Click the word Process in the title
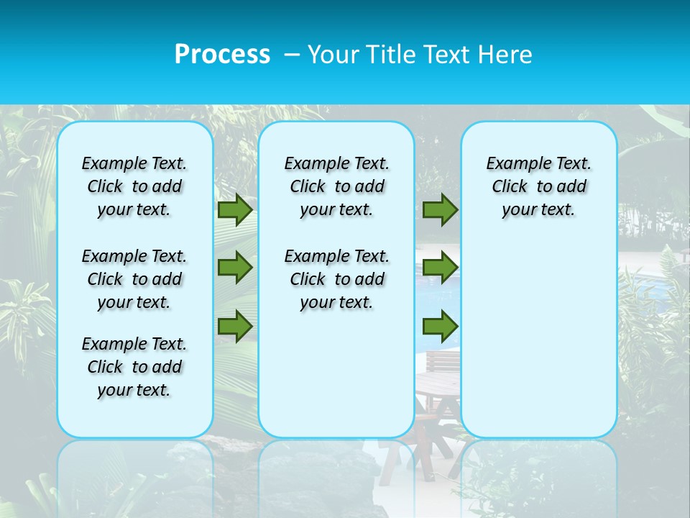pos(222,55)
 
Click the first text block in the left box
pos(134,186)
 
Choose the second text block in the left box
pos(134,279)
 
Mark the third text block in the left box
pos(134,367)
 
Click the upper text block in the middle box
pos(336,186)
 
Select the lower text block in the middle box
pos(336,279)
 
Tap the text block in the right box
pos(538,186)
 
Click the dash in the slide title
pos(292,55)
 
